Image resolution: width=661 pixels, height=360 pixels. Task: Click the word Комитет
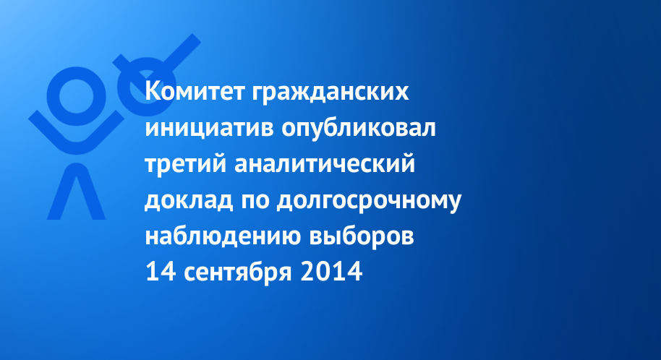(x=195, y=91)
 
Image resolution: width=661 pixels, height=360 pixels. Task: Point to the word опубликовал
(x=358, y=129)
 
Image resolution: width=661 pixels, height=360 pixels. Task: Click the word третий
(x=186, y=163)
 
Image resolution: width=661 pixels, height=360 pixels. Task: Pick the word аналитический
(x=325, y=163)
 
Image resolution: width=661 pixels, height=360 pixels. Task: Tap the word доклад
(x=189, y=200)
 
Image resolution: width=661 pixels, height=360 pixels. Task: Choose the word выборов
(x=362, y=236)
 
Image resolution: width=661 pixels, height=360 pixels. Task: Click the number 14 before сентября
(x=161, y=272)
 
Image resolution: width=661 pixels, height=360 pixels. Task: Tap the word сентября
(x=238, y=272)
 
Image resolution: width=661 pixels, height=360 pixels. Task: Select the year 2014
(x=331, y=272)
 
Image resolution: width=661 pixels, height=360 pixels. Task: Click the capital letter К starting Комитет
(x=153, y=91)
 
